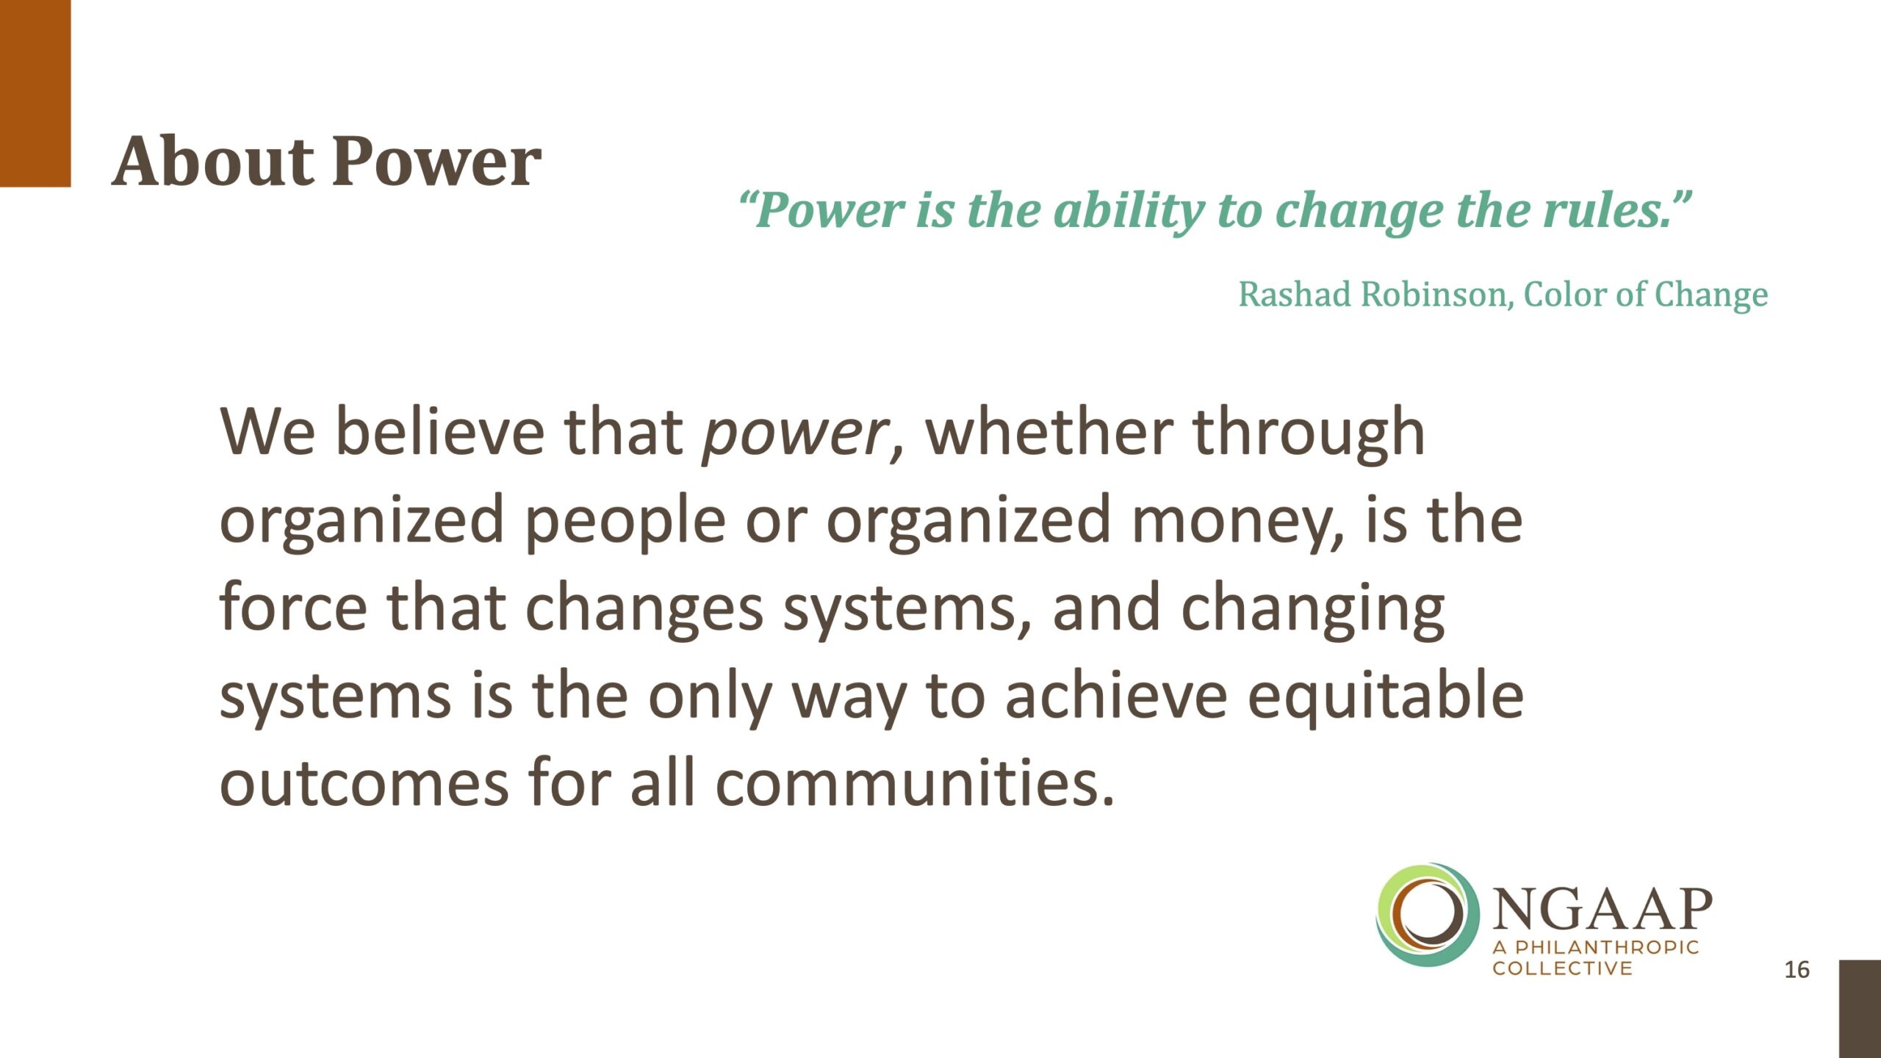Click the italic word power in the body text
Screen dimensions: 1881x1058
[796, 435]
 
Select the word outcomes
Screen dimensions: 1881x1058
[364, 783]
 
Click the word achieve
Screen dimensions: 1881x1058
[1116, 695]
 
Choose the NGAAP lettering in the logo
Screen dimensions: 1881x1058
[1603, 910]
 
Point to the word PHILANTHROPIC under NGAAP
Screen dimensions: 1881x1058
[1608, 947]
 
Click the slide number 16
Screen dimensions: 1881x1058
[1797, 970]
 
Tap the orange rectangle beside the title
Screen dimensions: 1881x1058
[35, 93]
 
